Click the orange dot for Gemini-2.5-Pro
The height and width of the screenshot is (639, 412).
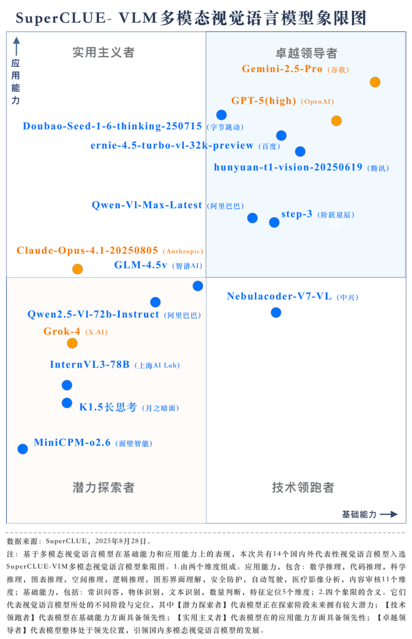pyautogui.click(x=375, y=82)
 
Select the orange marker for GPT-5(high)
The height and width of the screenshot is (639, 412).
pyautogui.click(x=336, y=121)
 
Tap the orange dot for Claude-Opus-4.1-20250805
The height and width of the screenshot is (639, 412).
pyautogui.click(x=77, y=269)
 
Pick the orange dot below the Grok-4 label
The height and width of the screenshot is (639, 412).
pyautogui.click(x=72, y=343)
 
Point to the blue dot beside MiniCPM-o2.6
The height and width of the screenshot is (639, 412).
pyautogui.click(x=23, y=449)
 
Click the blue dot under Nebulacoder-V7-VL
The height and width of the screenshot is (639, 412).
pyautogui.click(x=276, y=313)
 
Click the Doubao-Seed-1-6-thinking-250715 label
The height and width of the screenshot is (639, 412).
pyautogui.click(x=112, y=126)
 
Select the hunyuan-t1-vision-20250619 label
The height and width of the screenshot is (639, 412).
pyautogui.click(x=288, y=167)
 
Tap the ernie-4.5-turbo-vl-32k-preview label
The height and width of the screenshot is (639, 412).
pyautogui.click(x=172, y=145)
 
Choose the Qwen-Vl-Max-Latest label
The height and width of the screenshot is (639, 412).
pyautogui.click(x=147, y=205)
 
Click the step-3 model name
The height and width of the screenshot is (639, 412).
pyautogui.click(x=296, y=214)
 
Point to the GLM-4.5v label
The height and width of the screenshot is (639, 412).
pyautogui.click(x=140, y=265)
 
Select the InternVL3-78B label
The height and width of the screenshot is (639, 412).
pyautogui.click(x=90, y=365)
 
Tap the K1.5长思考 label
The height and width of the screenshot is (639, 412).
pyautogui.click(x=108, y=407)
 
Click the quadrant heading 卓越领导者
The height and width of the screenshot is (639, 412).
pyautogui.click(x=306, y=53)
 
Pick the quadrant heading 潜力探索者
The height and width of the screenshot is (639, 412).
pyautogui.click(x=103, y=487)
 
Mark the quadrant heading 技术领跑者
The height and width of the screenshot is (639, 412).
pyautogui.click(x=303, y=487)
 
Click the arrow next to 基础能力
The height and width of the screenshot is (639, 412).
pyautogui.click(x=389, y=514)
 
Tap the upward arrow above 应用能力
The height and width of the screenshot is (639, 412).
pyautogui.click(x=16, y=46)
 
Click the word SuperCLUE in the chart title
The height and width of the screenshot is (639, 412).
pyautogui.click(x=61, y=18)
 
